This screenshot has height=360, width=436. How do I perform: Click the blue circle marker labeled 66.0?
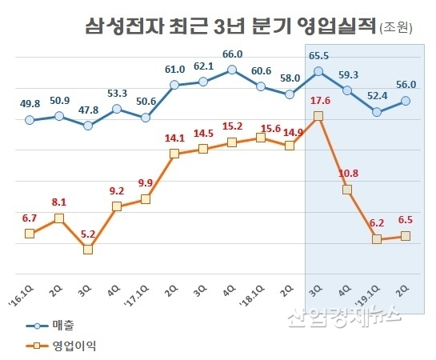click(x=232, y=70)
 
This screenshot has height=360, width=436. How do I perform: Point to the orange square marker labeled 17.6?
click(x=319, y=116)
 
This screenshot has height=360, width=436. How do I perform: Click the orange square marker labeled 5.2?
click(x=88, y=249)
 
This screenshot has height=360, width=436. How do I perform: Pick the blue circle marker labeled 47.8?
click(x=88, y=126)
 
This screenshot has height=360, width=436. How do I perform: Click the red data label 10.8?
click(x=349, y=173)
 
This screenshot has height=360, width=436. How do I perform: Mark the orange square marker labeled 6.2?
click(x=377, y=238)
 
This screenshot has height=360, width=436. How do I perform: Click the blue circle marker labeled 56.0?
click(x=406, y=101)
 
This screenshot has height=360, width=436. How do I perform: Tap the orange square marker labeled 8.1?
click(x=59, y=218)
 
